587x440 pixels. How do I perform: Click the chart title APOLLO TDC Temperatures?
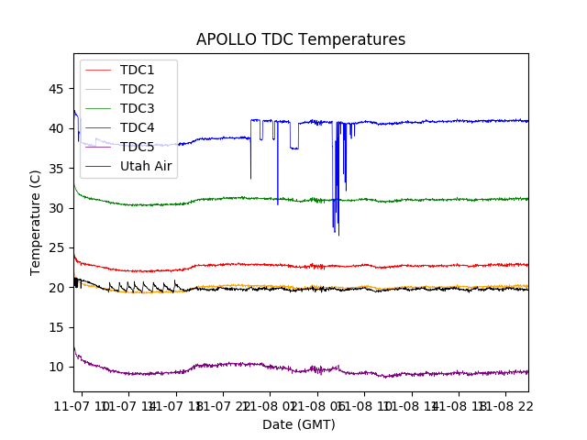300,39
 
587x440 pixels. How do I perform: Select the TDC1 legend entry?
137,70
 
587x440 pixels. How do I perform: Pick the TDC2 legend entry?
137,89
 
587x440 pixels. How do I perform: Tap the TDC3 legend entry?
137,108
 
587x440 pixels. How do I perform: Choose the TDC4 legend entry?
137,127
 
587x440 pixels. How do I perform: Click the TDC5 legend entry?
137,147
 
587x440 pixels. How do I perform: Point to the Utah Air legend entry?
146,166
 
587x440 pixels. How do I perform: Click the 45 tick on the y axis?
57,89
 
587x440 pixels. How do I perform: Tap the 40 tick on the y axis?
57,128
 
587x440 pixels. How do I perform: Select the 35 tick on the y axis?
57,169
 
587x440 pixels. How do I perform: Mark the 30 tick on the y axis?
57,208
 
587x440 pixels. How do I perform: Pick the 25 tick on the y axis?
57,247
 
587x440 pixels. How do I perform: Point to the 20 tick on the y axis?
57,288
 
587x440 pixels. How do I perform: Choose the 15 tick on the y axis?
57,327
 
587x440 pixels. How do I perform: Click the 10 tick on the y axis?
57,367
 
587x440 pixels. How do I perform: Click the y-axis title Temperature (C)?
36,223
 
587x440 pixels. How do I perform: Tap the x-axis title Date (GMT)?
299,424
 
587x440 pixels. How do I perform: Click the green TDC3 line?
413,200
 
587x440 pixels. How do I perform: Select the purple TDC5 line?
413,374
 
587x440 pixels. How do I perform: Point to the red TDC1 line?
413,266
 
